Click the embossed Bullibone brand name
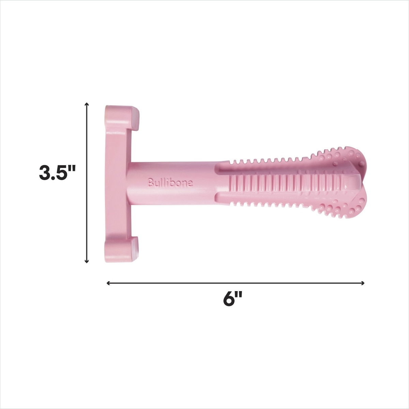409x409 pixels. [x=170, y=183]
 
